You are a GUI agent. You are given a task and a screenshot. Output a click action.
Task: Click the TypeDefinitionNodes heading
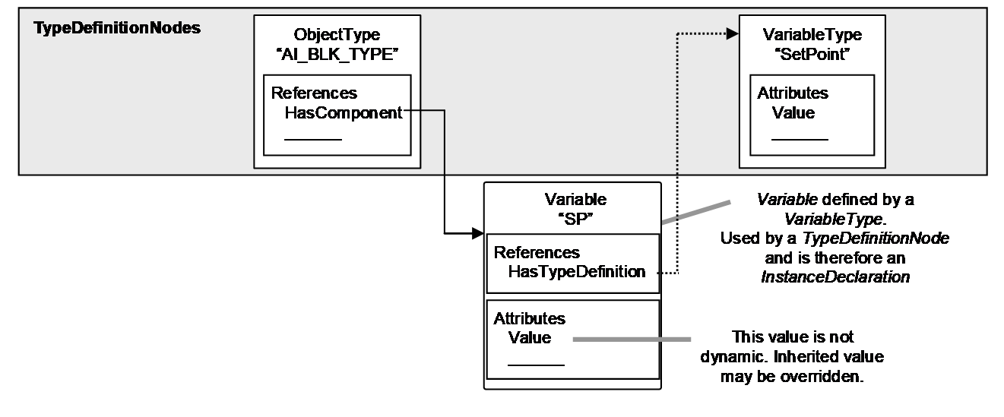[x=117, y=28]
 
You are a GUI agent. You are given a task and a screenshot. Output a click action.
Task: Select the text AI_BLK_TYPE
[x=337, y=55]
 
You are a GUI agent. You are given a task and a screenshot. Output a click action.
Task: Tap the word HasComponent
[x=344, y=113]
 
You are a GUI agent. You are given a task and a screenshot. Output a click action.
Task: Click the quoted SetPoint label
[x=812, y=54]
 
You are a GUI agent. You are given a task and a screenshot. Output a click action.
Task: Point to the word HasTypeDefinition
[x=577, y=271]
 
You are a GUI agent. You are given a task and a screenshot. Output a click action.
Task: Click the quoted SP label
[x=575, y=219]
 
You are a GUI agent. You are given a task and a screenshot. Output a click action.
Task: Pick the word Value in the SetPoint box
[x=793, y=113]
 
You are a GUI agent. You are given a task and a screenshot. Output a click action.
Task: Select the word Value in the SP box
[x=529, y=337]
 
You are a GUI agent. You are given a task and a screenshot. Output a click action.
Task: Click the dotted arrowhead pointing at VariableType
[x=733, y=33]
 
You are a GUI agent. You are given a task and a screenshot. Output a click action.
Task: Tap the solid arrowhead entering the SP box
[x=478, y=233]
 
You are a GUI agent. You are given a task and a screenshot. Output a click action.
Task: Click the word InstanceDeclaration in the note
[x=835, y=277]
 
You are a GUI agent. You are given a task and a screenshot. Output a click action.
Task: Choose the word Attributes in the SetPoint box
[x=793, y=93]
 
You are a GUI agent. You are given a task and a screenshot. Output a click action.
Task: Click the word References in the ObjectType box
[x=314, y=93]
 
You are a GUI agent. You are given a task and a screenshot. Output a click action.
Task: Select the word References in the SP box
[x=537, y=253]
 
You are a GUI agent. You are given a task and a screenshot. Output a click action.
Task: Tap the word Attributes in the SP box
[x=529, y=318]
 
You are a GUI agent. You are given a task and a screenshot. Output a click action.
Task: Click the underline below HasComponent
[x=313, y=140]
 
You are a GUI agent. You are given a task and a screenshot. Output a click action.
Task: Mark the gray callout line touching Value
[x=632, y=340]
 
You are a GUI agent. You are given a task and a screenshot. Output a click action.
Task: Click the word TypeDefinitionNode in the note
[x=876, y=239]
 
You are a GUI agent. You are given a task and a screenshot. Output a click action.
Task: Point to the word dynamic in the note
[x=734, y=357]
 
